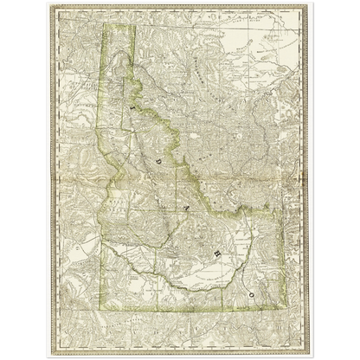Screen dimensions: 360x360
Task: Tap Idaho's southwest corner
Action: coord(103,306)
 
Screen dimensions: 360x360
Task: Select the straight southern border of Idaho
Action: coord(182,306)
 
